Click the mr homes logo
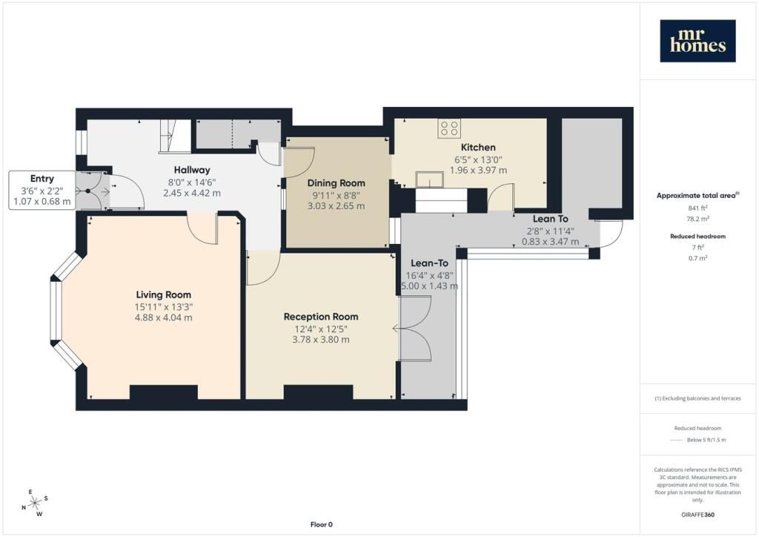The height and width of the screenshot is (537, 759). click(x=697, y=41)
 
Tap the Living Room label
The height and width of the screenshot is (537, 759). click(x=164, y=294)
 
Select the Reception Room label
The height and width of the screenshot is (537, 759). click(x=321, y=317)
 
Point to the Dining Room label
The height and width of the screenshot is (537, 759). click(x=336, y=183)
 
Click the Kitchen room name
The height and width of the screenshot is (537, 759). click(x=478, y=147)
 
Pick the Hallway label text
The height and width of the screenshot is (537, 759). click(x=192, y=170)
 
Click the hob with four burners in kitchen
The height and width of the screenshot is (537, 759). click(x=448, y=128)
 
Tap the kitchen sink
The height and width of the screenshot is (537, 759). click(x=429, y=179)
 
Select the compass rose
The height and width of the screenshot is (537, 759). click(x=35, y=503)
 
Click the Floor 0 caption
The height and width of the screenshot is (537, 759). click(x=322, y=524)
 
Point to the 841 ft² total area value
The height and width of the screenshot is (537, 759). click(x=697, y=208)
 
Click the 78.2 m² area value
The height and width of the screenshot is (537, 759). click(x=698, y=219)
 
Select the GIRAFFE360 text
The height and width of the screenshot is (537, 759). click(x=697, y=514)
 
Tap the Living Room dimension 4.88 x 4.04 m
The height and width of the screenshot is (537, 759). click(x=164, y=317)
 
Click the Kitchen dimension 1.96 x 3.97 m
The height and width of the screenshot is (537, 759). click(x=478, y=170)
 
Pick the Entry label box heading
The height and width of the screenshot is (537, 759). click(x=42, y=179)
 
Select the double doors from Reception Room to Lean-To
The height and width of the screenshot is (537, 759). click(x=414, y=329)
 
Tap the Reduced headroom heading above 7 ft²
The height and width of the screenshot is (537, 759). click(x=697, y=237)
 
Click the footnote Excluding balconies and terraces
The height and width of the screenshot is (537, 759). click(x=697, y=398)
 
